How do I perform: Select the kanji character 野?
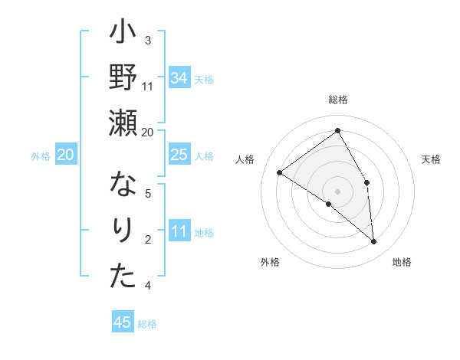[x=123, y=79]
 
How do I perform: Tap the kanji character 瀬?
[x=123, y=122]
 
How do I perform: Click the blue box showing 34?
[x=179, y=78]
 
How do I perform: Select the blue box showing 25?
[x=179, y=155]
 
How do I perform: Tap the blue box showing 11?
[x=179, y=232]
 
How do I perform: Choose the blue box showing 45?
[x=123, y=322]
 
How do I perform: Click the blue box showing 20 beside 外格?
[x=65, y=155]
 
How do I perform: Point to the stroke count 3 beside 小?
[x=147, y=40]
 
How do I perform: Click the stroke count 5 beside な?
[x=147, y=193]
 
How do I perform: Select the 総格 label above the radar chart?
[x=338, y=100]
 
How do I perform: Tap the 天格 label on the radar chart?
[x=432, y=159]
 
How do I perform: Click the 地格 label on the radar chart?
[x=402, y=262]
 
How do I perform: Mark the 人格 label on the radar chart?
[x=245, y=159]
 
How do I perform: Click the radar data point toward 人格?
[x=280, y=172]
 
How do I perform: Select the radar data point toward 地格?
[x=374, y=242]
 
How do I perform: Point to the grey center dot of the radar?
[x=337, y=191]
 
